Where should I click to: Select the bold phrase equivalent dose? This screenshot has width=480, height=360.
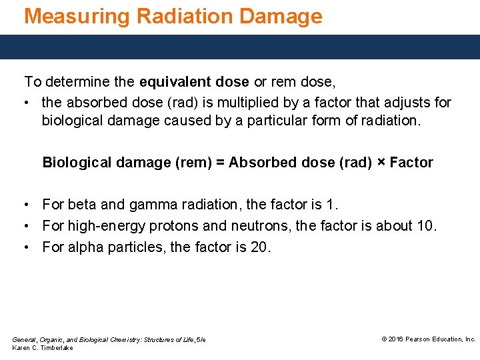click(x=194, y=82)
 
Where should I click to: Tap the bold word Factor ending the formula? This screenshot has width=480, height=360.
click(x=411, y=163)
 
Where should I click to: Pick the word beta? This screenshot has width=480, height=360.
click(x=81, y=204)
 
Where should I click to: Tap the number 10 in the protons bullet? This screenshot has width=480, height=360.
click(x=424, y=226)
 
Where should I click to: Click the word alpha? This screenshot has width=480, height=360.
click(x=85, y=247)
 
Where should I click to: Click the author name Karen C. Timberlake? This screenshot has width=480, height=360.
click(x=43, y=348)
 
